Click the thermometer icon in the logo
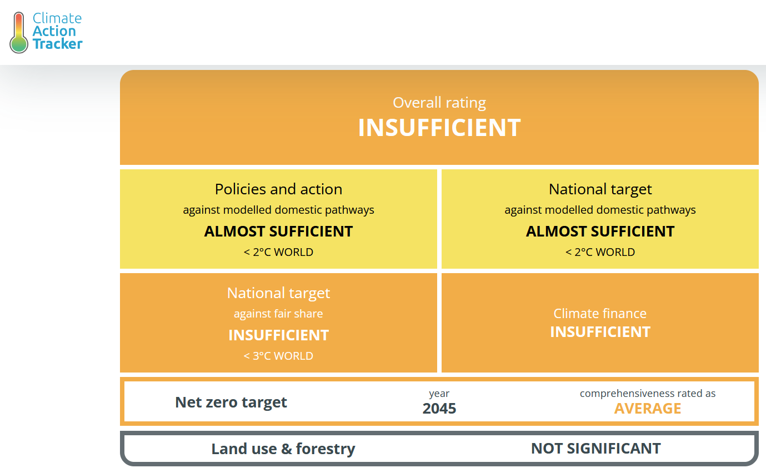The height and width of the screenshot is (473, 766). click(19, 32)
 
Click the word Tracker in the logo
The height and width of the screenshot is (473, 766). click(57, 44)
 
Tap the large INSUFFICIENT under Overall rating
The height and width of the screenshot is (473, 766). click(439, 128)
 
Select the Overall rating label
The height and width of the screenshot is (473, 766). click(439, 103)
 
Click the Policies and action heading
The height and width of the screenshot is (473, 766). click(278, 189)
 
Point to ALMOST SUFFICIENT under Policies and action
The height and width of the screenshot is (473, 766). click(278, 232)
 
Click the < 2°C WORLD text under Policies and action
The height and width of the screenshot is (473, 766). click(278, 252)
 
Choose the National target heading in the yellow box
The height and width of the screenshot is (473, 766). click(600, 189)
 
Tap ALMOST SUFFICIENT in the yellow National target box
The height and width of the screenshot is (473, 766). click(600, 232)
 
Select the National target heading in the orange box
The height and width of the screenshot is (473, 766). click(278, 293)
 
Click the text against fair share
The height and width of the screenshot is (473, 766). click(278, 314)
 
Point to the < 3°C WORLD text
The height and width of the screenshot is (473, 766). click(278, 356)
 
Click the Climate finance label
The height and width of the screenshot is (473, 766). click(600, 314)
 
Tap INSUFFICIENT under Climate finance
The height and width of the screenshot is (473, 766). click(600, 332)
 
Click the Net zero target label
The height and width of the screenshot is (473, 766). click(231, 402)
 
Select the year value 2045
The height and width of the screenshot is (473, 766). click(439, 409)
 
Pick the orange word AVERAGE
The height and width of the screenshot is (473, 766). click(648, 409)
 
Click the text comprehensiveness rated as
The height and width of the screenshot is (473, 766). click(648, 394)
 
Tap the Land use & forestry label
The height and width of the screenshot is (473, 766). click(283, 449)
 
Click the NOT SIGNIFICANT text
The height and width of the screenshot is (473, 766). click(595, 449)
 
